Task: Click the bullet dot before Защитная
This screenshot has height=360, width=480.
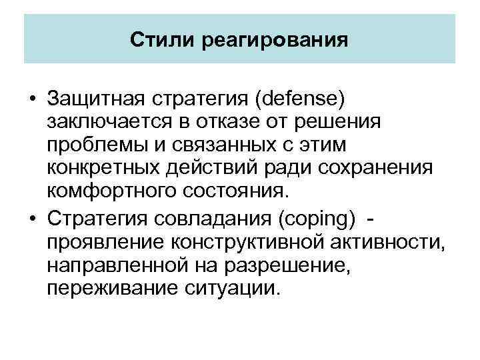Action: tap(31, 100)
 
